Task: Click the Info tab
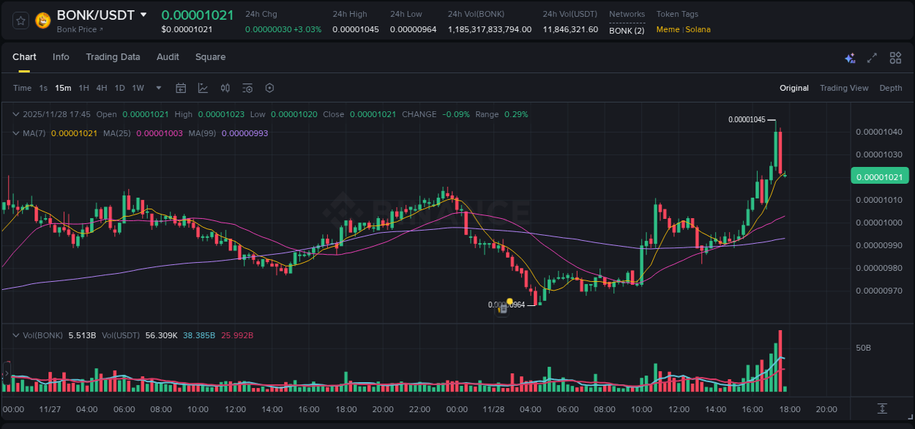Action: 61,57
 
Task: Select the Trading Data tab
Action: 113,57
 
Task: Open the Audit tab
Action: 168,57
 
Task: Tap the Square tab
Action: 210,57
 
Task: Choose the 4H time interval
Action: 101,89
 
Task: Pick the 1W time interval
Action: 138,89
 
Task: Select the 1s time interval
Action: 43,89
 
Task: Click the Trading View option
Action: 844,89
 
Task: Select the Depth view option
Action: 891,89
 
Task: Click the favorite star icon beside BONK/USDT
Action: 20,20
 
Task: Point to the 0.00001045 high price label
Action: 747,119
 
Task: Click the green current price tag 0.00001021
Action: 879,176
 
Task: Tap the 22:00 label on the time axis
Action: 420,409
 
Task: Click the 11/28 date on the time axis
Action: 493,409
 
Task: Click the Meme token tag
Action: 668,30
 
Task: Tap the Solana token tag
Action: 698,30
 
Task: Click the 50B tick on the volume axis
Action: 864,348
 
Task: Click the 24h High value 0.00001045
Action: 356,30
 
